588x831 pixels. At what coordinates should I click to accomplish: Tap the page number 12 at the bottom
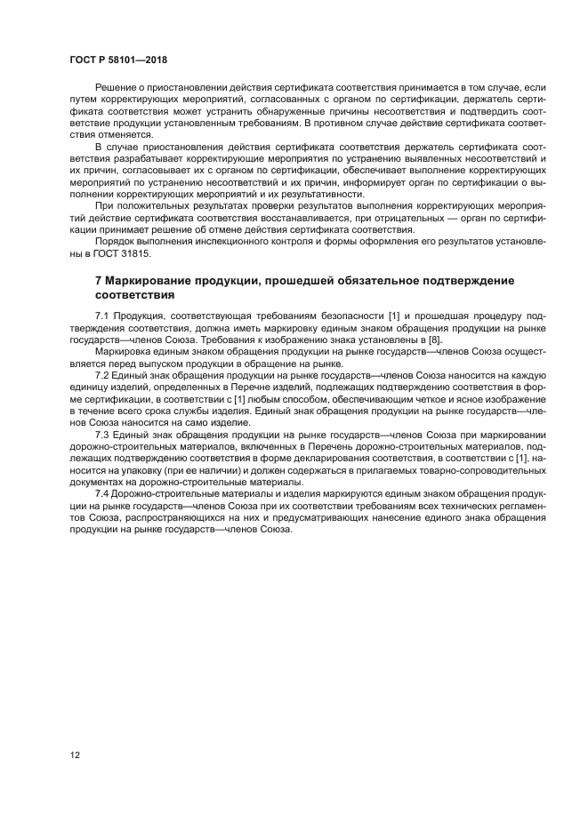coord(74,755)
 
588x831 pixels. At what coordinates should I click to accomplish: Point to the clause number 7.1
coord(101,316)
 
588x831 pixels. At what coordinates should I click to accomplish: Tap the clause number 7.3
coord(101,433)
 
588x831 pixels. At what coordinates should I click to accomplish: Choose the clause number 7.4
coord(101,493)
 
